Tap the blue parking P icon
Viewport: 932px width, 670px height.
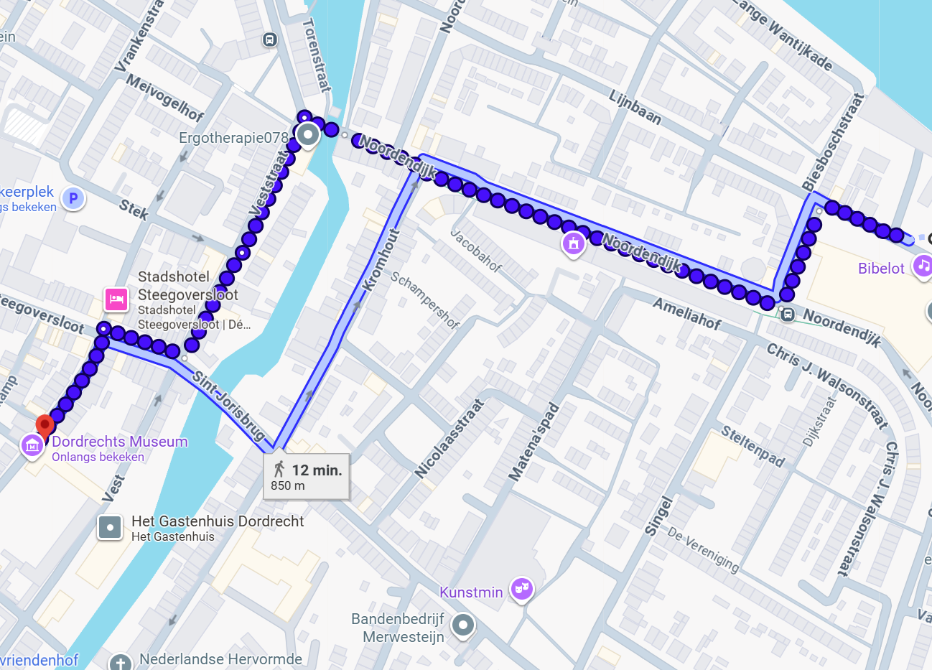coord(73,198)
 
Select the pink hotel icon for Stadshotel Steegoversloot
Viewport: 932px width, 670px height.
coord(116,299)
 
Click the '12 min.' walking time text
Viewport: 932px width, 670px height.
coord(317,470)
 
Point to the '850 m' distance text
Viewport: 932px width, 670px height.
coord(288,486)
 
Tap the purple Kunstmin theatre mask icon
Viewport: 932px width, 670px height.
coord(522,590)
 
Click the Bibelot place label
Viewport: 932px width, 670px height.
coord(881,269)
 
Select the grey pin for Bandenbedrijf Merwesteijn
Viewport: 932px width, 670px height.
coord(463,625)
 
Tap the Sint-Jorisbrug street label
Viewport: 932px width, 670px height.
coord(228,404)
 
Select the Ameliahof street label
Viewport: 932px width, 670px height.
coord(686,314)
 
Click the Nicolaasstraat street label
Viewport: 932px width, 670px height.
coord(449,439)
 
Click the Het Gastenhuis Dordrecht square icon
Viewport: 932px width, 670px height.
coord(110,528)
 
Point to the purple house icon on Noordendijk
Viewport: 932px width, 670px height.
coord(573,244)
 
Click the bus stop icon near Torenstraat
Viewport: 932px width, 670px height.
coord(270,39)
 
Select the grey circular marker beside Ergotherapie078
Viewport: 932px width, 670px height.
coord(308,134)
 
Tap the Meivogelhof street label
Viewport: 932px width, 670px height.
coord(164,96)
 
